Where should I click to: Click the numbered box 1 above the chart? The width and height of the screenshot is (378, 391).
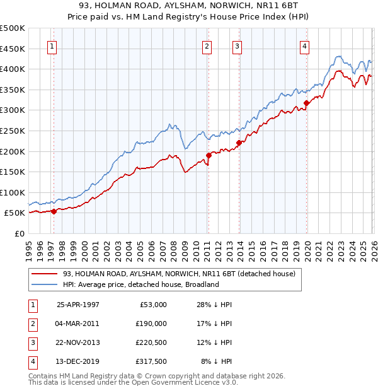click(x=51, y=45)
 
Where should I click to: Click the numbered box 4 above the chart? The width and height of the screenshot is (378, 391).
click(x=304, y=45)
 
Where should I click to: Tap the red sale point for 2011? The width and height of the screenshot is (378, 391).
click(x=209, y=155)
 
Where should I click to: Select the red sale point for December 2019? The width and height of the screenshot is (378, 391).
click(x=306, y=103)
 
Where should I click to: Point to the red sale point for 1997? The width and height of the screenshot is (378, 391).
click(x=54, y=211)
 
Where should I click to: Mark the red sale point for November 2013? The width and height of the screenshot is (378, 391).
click(x=239, y=143)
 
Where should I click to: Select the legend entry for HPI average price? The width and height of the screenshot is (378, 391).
click(x=140, y=284)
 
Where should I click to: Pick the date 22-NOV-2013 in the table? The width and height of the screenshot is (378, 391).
click(x=78, y=342)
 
